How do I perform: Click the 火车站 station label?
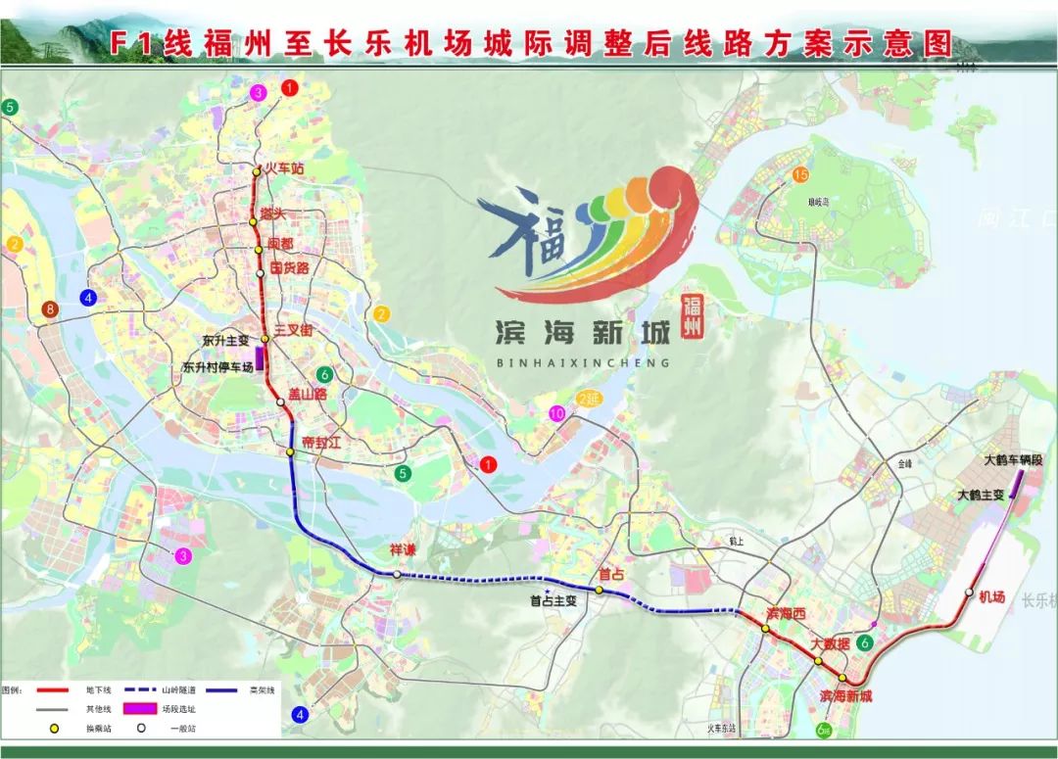coord(285,168)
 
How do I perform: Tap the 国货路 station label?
coord(289,267)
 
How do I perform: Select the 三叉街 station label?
coord(293,331)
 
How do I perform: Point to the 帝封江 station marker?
coord(290,451)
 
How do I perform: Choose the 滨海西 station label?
coord(786,613)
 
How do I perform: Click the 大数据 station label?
coord(830,645)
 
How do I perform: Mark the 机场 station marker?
coord(969,593)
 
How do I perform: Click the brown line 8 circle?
coord(50,310)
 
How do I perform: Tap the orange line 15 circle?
coord(800,175)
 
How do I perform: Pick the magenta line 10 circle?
coord(557,413)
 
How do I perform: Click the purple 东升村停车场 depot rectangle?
coord(260,358)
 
